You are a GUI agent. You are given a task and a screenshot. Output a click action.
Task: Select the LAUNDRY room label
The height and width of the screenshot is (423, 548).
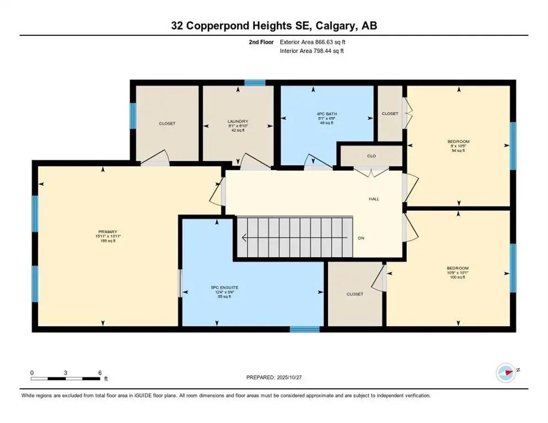tap(238, 122)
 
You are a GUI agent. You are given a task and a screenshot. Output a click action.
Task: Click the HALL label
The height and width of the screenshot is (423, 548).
tap(374, 199)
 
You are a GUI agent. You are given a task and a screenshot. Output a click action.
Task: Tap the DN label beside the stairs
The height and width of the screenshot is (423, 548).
tap(361, 238)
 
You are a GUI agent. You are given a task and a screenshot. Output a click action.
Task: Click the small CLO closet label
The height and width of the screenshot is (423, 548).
tap(371, 156)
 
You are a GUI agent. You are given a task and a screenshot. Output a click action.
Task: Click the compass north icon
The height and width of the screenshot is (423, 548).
tap(505, 372)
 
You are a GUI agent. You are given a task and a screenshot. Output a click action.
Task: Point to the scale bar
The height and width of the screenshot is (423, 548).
tap(66, 378)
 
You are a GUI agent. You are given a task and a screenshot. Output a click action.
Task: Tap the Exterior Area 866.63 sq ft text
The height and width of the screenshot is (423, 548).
tap(313, 42)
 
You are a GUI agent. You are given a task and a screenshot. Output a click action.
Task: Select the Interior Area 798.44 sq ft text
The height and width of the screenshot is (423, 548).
tap(313, 51)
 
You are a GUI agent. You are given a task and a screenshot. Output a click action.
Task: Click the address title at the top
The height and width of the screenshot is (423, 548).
tap(273, 25)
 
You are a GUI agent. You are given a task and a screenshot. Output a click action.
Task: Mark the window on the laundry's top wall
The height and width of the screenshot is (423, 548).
tap(255, 83)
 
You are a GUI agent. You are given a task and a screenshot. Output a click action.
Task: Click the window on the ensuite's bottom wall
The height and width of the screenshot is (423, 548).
tap(304, 329)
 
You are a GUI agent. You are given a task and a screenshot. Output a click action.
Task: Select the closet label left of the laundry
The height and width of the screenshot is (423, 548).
tap(167, 123)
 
